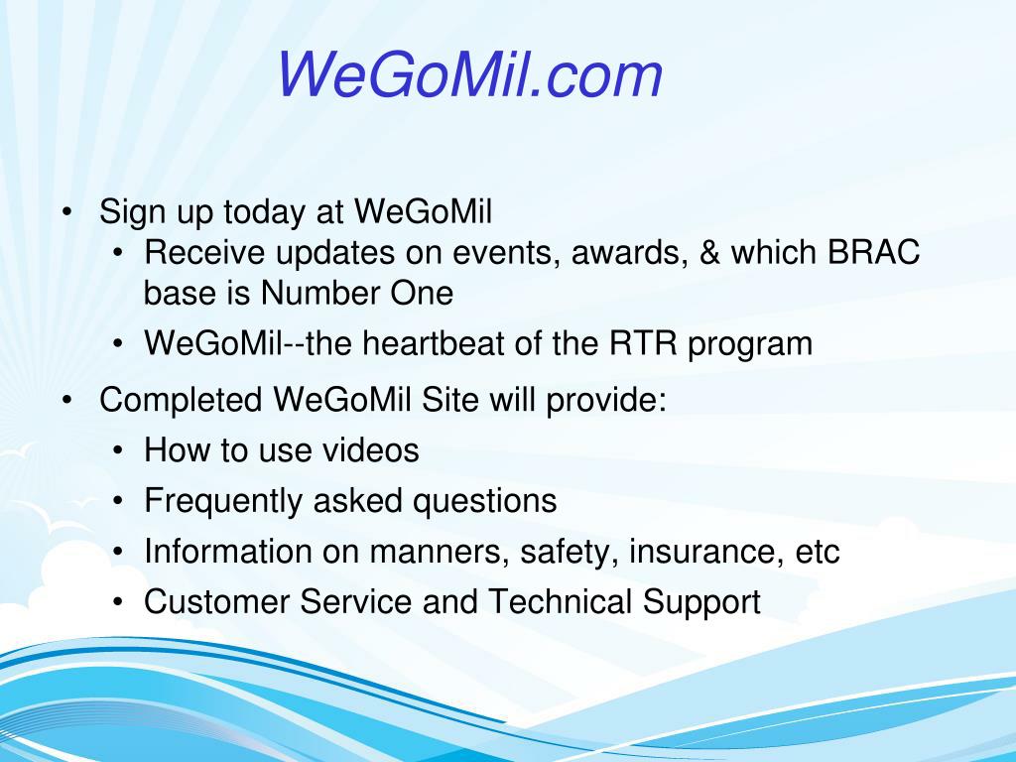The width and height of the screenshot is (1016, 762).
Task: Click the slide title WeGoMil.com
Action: pos(469,74)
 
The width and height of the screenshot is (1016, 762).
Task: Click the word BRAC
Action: pos(873,252)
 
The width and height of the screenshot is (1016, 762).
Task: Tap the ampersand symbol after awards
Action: pos(709,252)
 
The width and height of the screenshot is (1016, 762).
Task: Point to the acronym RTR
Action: pos(643,342)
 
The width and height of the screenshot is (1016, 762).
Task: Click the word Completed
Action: pos(181,399)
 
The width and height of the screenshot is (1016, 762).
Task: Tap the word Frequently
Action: pos(223,501)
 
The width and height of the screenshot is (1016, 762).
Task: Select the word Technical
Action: pos(560,601)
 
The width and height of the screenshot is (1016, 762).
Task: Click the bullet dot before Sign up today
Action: pos(66,212)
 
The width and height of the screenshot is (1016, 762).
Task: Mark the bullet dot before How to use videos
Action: pos(117,450)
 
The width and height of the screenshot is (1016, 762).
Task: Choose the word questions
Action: pos(484,501)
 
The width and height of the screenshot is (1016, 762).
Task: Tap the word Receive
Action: pos(204,252)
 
